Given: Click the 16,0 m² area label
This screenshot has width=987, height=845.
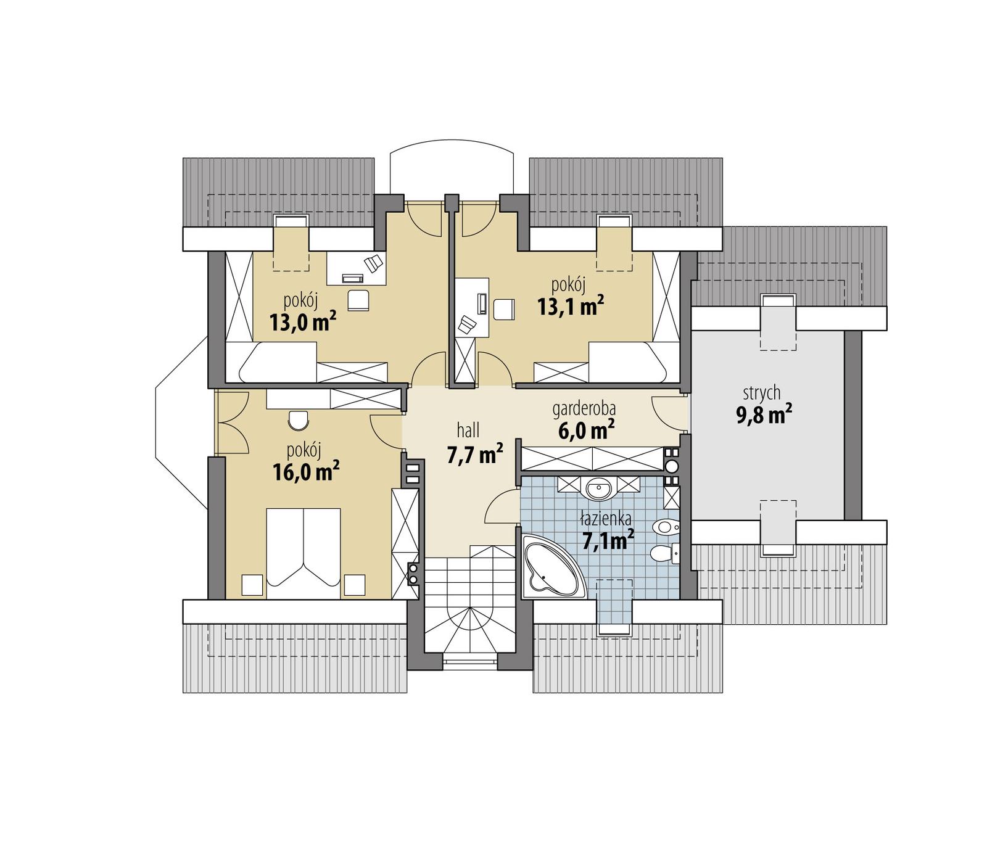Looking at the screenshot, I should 305,472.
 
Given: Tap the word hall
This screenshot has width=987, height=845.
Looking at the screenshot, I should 468,430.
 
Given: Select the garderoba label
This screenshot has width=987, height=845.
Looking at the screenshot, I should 584,408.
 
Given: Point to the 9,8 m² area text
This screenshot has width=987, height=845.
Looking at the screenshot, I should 764,414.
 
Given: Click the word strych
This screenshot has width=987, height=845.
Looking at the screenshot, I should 762,392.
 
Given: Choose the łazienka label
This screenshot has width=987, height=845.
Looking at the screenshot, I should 605,519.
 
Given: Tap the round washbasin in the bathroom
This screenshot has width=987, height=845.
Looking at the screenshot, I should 598,490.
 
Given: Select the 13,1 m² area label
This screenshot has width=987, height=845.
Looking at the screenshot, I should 570,306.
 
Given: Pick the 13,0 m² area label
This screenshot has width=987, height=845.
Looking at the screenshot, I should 302,321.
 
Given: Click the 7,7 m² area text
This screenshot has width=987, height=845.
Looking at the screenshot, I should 474,455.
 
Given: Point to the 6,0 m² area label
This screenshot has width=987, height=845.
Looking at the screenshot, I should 586,430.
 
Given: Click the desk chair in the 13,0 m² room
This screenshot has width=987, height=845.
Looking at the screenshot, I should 358,300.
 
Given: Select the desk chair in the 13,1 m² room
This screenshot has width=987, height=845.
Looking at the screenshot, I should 503,308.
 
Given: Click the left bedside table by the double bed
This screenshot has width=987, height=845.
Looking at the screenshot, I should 252,585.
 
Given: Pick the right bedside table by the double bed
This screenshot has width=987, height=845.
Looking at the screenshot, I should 355,585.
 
